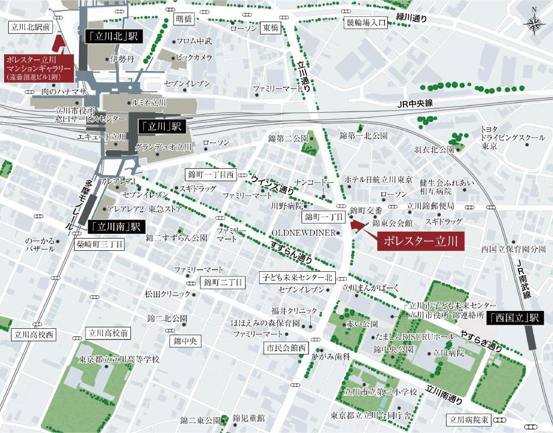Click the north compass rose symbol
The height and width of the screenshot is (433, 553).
533,23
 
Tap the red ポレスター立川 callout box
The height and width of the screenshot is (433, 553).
421,240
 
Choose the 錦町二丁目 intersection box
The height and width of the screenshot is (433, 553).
222,283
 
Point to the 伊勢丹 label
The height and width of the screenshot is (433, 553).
122,59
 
